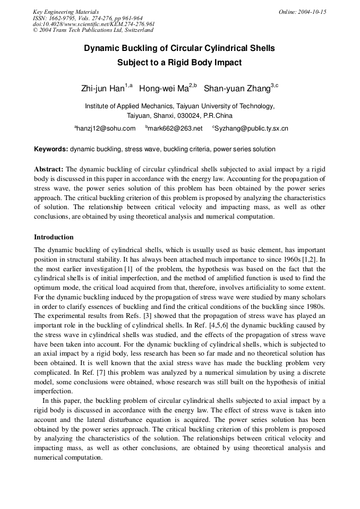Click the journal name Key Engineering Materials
pos(66,12)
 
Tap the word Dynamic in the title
pos(102,48)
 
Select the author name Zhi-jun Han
pos(102,89)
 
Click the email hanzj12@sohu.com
pos(106,129)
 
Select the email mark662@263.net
pos(175,129)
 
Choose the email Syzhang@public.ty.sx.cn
pos(252,129)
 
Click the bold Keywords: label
pos(51,150)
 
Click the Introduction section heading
pos(54,237)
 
